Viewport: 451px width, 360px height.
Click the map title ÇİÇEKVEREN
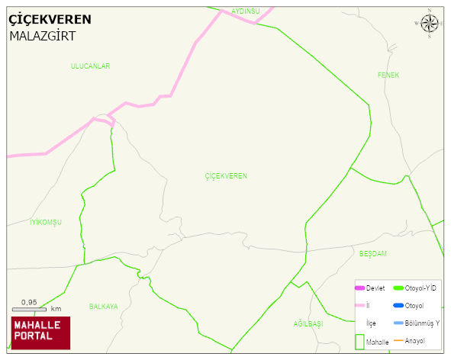coord(50,20)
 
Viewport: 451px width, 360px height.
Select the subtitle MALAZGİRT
coord(42,36)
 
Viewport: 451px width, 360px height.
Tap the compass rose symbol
coord(430,24)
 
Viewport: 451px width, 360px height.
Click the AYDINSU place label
coord(246,11)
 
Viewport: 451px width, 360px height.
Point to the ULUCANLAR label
coord(90,66)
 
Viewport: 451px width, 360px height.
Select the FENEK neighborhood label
coord(388,75)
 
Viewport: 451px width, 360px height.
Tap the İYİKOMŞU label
coord(45,222)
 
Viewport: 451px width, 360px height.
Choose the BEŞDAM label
coord(373,253)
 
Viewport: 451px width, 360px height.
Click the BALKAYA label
coord(103,307)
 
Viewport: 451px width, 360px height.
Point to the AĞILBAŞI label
coord(308,324)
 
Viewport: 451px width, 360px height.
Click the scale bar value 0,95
coord(29,302)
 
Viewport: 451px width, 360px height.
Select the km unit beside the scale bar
coord(56,309)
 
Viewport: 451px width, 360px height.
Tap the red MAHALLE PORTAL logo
coord(40,333)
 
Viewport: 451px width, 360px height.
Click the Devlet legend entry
coord(369,288)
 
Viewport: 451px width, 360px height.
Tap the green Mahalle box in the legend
coord(359,341)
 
